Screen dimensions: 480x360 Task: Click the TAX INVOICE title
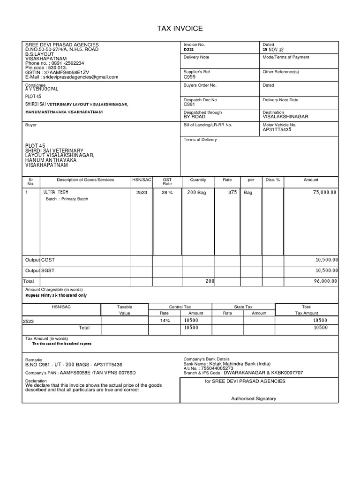coord(180,29)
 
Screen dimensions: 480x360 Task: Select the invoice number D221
coord(188,49)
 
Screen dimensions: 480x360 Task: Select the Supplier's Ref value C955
coord(189,76)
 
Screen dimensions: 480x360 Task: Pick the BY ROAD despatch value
coord(195,117)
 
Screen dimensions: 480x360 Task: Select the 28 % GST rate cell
coord(167,192)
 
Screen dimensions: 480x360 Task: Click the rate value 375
coord(232,192)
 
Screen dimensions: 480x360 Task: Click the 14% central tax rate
coord(164,321)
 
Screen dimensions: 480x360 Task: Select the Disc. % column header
coord(272,180)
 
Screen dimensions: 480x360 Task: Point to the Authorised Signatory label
coord(254,398)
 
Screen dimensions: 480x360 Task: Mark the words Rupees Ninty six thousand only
coord(56,296)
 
